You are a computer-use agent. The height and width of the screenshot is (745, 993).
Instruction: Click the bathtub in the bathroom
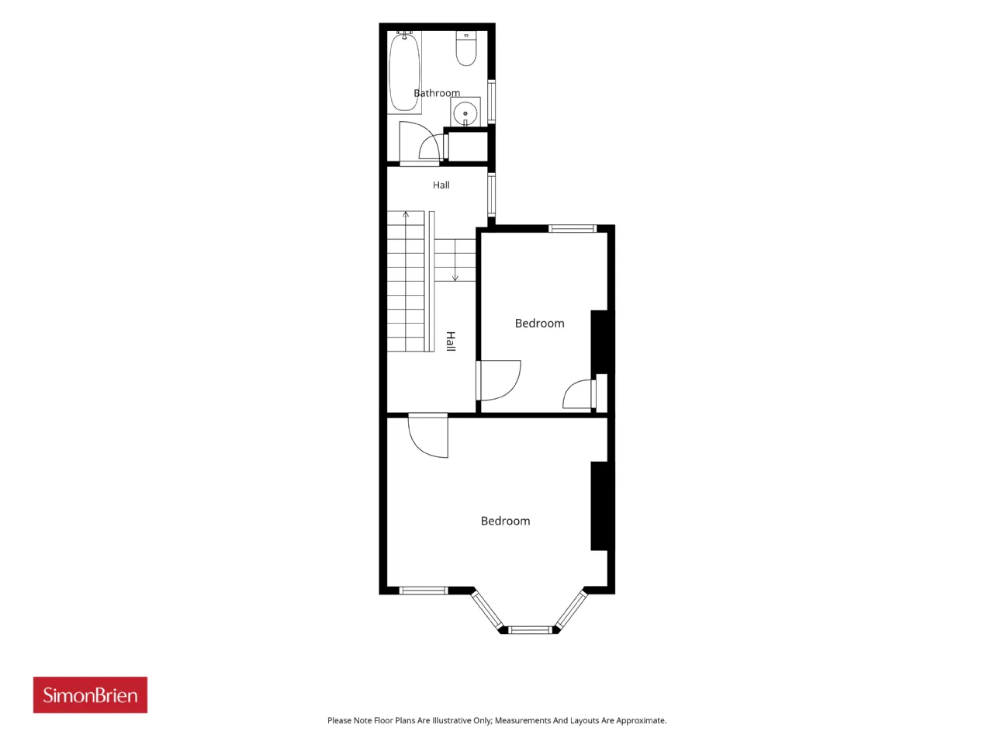pos(404,72)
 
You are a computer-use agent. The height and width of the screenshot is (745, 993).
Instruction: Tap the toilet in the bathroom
pos(466,48)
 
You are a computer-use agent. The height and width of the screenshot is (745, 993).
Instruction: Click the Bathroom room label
pos(437,93)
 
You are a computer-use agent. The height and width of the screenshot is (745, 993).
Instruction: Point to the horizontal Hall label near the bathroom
pos(441,185)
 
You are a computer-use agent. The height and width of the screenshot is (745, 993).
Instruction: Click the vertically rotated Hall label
pos(451,341)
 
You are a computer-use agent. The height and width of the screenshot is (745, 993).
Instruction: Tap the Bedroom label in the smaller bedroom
pos(539,324)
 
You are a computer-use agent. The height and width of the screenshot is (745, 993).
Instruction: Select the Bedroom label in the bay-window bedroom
pos(505,521)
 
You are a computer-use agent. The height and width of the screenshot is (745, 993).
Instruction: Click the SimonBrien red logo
pos(90,695)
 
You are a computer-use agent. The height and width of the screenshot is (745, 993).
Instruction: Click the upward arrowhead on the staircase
pos(406,213)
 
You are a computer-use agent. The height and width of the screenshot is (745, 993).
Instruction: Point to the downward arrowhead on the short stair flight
pos(455,278)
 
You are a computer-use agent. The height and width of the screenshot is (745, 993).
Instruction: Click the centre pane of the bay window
pos(531,629)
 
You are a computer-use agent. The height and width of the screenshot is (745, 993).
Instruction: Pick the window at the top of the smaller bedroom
pos(573,228)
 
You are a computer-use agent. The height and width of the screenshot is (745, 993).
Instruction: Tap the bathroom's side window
pos(491,102)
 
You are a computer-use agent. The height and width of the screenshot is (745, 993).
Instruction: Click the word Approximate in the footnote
pos(641,721)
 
